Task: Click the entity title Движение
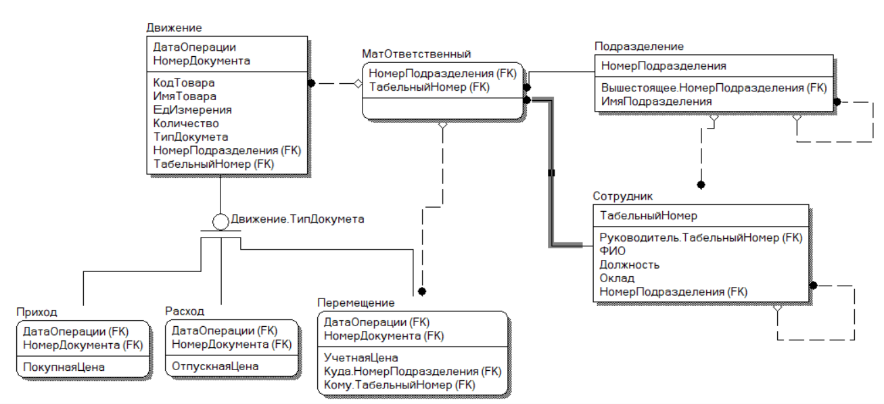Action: (174, 28)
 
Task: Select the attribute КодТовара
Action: (184, 83)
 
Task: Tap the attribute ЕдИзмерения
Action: (192, 110)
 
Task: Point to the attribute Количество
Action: (186, 123)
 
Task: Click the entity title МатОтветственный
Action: (417, 53)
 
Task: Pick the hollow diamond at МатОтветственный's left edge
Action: (358, 84)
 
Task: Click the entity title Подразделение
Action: (639, 47)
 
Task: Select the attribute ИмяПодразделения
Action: (656, 102)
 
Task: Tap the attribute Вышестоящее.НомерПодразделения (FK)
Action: (714, 88)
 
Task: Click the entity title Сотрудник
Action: (622, 196)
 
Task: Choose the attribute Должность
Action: (630, 265)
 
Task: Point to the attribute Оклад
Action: (617, 278)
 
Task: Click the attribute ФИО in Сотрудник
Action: (613, 251)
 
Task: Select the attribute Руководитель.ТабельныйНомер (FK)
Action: (701, 238)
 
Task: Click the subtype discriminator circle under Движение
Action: (220, 222)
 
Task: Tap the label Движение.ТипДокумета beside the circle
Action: (298, 219)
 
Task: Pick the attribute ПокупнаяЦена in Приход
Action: (64, 367)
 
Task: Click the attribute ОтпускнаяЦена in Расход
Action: (215, 367)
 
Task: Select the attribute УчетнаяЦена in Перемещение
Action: (360, 358)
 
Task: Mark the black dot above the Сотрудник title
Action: (701, 185)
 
